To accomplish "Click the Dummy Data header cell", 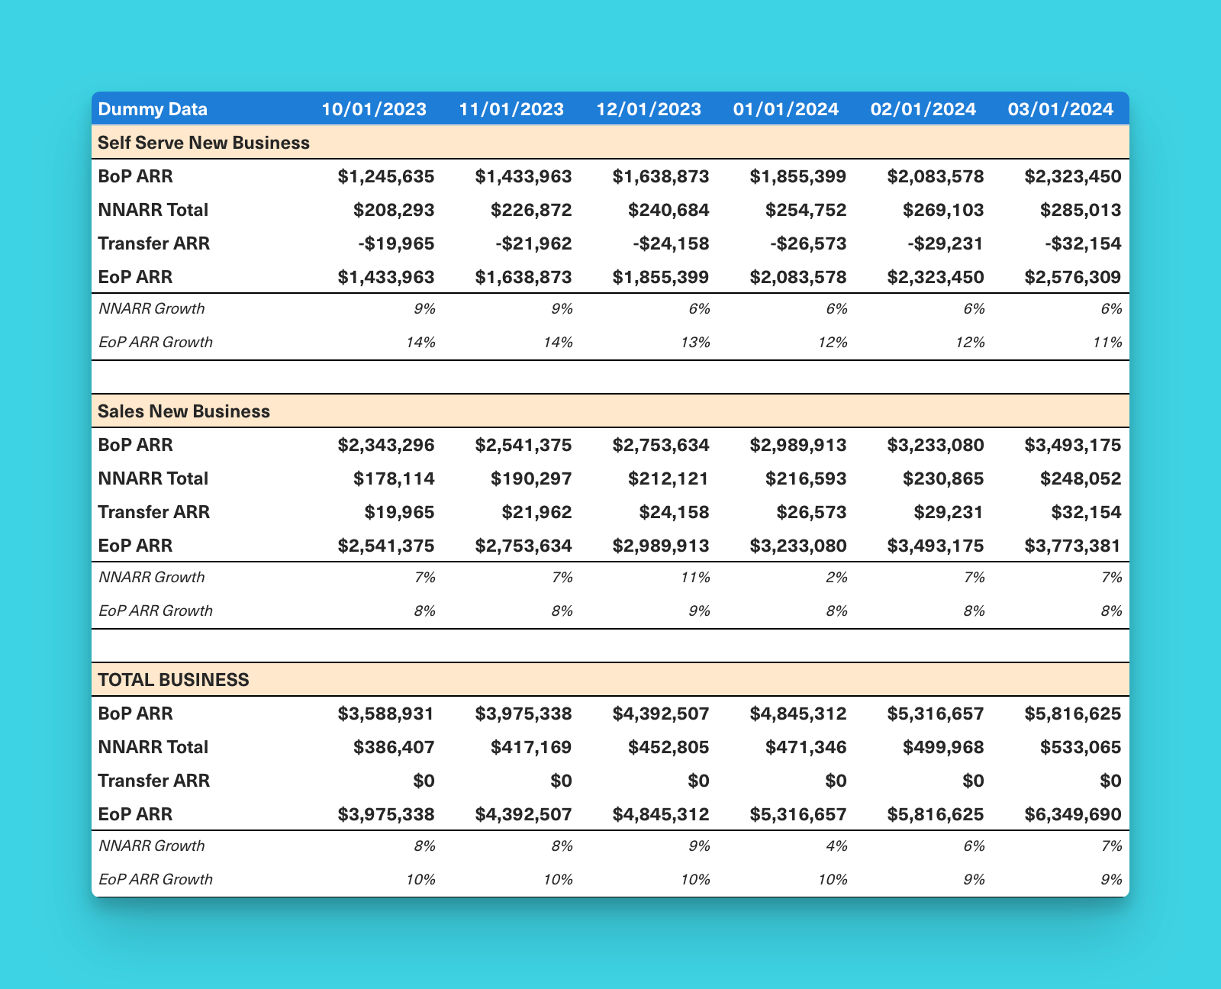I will coord(153,109).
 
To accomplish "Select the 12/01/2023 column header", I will coord(649,109).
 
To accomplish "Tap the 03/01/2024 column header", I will coord(1061,109).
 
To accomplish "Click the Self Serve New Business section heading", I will coord(204,143).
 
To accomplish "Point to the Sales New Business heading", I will coord(184,411).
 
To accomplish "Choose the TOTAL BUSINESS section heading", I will coord(173,680).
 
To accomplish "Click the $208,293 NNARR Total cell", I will coord(394,210).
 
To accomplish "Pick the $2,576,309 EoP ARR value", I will coord(1073,277).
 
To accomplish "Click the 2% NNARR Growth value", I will coord(836,578).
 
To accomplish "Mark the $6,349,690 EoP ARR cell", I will coord(1073,814).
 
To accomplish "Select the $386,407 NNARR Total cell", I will coord(394,747).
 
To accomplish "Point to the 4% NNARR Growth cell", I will coord(836,846).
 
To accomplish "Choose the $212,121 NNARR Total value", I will coord(668,478).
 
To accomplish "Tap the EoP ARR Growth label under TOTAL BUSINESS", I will coord(156,879).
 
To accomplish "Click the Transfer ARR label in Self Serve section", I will coord(154,243).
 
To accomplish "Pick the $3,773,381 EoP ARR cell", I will coord(1073,546).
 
